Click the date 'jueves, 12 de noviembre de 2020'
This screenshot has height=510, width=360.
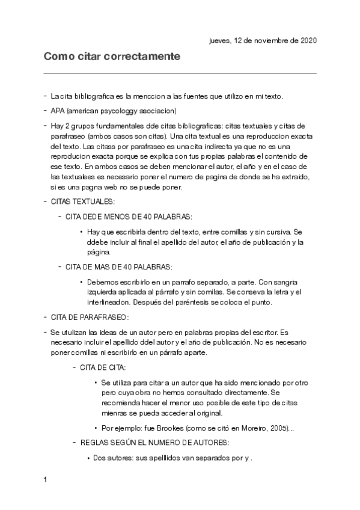(263, 41)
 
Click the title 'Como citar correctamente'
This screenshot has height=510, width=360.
(112, 57)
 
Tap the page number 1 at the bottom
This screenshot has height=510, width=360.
(45, 481)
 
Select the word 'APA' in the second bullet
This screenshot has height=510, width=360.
(58, 111)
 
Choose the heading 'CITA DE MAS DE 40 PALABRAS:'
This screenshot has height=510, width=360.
(118, 266)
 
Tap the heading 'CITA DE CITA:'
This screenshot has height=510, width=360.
(103, 367)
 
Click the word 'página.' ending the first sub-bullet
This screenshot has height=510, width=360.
(98, 253)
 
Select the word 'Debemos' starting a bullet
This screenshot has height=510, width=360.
(101, 281)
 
